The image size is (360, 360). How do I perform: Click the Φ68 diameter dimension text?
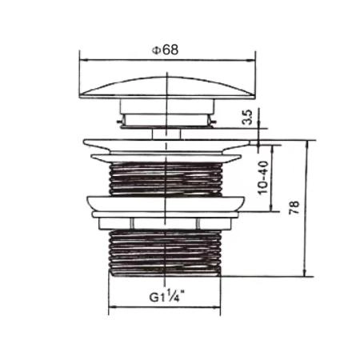coord(165,49)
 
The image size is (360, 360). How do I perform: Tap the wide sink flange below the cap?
coord(166,147)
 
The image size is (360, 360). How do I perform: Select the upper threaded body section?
coord(166,176)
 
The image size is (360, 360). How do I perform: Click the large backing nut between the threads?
coord(166,205)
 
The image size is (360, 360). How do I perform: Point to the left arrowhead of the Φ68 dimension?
coord(82,59)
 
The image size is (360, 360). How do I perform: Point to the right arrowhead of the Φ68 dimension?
coord(248,59)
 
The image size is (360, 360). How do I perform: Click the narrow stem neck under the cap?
coord(166,131)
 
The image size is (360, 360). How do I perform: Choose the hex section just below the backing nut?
coord(166,223)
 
